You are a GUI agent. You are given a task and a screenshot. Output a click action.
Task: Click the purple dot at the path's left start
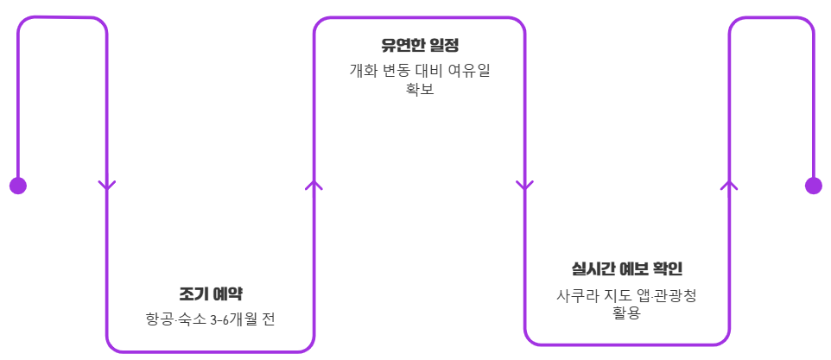[x=17, y=186]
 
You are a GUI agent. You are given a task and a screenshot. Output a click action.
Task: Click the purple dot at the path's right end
[x=813, y=186]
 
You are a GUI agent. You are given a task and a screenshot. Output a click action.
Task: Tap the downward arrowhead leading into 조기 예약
[x=107, y=185]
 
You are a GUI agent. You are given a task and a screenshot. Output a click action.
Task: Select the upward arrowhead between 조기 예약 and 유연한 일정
[x=314, y=185]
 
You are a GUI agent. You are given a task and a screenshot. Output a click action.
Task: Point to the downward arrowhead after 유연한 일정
[x=524, y=185]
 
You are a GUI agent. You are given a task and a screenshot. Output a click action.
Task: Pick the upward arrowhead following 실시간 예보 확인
[x=729, y=185]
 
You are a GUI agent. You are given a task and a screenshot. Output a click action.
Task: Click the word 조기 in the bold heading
[x=192, y=293]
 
